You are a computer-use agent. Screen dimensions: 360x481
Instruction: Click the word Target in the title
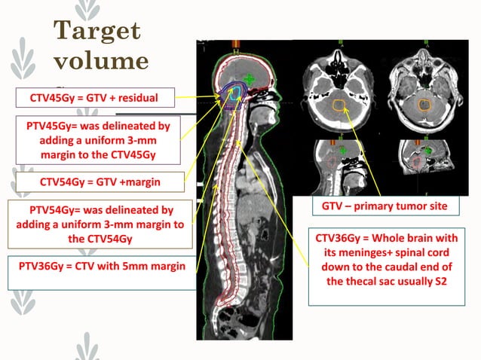point(97,30)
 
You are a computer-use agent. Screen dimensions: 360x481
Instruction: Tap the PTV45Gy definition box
point(97,139)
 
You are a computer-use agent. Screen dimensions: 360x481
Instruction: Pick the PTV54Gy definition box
point(97,224)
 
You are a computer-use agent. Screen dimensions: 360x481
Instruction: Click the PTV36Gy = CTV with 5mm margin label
point(97,266)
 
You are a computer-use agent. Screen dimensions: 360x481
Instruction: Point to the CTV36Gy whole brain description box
point(387,267)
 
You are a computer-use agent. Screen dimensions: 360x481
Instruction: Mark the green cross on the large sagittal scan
point(250,78)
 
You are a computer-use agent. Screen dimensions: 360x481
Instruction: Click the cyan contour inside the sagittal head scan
point(237,93)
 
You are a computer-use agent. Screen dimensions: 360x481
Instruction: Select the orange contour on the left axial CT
point(339,105)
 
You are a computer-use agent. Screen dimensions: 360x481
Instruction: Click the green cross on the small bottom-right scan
point(427,151)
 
